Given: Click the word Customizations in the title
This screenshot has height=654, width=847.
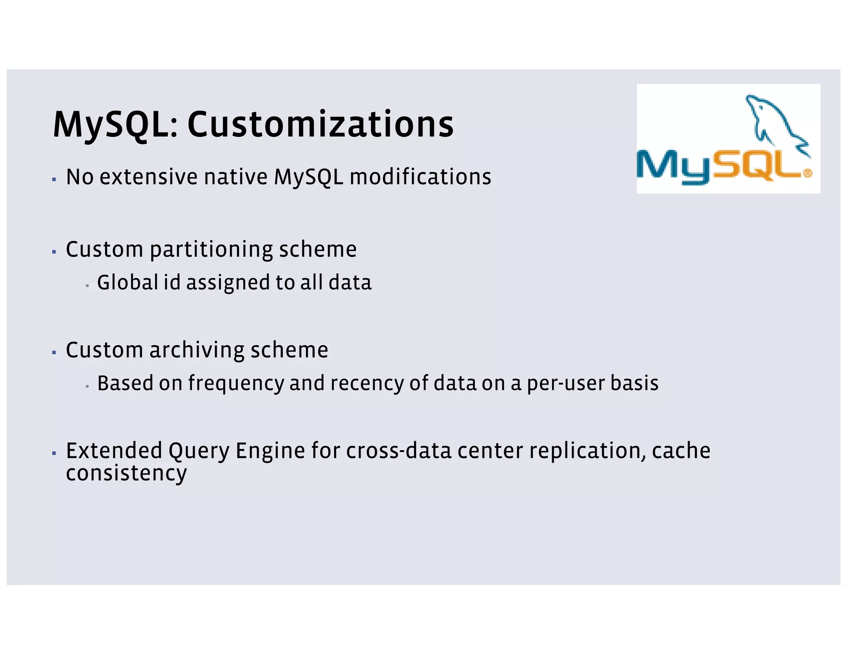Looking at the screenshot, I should (x=321, y=124).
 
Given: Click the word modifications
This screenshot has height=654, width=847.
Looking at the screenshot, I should (x=420, y=177).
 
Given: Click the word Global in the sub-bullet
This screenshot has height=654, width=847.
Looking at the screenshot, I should (x=127, y=283).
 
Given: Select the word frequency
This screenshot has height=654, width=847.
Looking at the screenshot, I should (x=236, y=384).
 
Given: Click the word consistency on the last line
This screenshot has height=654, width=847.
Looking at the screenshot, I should (x=126, y=473).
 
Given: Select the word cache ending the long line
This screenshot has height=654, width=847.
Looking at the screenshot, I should (x=681, y=451).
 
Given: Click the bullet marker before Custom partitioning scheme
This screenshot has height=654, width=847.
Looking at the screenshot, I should (x=54, y=251).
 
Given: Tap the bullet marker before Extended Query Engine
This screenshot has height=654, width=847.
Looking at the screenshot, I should (x=54, y=453).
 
